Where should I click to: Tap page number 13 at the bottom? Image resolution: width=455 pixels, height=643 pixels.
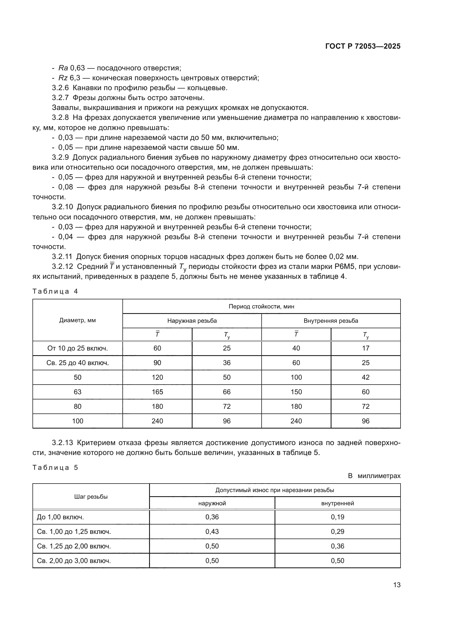397,585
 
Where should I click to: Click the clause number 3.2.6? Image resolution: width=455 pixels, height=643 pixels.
60,88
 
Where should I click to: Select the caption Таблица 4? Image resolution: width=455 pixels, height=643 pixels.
55,291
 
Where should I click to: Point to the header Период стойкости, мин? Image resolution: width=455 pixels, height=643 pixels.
261,306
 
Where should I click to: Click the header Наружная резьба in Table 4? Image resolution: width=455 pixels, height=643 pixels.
192,321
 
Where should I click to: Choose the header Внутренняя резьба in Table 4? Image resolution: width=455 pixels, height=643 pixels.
331,321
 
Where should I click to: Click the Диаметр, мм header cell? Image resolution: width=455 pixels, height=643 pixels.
77,320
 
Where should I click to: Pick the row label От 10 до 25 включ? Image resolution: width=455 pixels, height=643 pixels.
77,348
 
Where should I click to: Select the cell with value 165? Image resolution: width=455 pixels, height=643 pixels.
157,392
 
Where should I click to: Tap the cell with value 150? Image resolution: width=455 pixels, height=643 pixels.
296,392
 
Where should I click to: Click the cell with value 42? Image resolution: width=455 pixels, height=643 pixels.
365,377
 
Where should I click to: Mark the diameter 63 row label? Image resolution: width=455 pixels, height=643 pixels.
77,392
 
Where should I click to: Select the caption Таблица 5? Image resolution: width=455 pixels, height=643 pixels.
55,467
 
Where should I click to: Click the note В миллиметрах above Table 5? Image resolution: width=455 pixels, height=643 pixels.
374,476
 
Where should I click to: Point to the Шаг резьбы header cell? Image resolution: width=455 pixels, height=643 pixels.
91,497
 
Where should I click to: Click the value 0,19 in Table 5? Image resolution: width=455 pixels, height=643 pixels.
337,517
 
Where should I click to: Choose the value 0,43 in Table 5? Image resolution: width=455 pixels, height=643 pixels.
212,532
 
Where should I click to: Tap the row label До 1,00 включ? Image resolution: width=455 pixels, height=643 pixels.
60,517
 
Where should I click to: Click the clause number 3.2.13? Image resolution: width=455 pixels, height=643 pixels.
62,443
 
